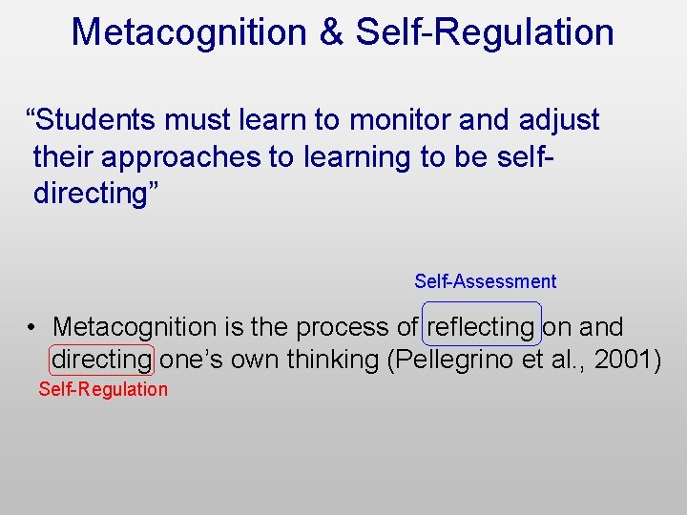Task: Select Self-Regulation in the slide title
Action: point(485,31)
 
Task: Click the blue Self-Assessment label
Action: point(485,281)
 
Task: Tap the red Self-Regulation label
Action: point(103,389)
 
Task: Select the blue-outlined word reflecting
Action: point(481,327)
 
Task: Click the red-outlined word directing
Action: point(100,360)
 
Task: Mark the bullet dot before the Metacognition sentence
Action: point(31,327)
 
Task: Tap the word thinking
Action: point(323,360)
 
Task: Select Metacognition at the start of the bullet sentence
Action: point(135,327)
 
